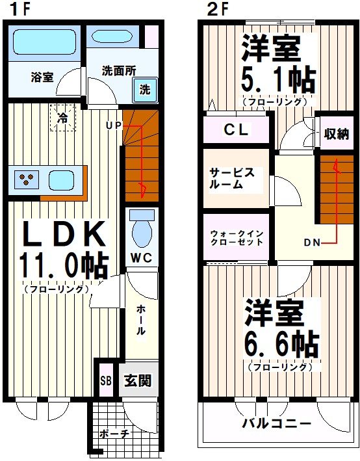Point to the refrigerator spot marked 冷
[x=62, y=118]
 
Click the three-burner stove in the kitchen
[x=26, y=179]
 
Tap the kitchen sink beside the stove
[x=62, y=179]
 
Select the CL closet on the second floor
[x=235, y=129]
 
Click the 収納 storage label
[x=336, y=134]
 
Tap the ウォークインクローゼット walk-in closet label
[x=235, y=237]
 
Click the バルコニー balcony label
[x=276, y=423]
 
